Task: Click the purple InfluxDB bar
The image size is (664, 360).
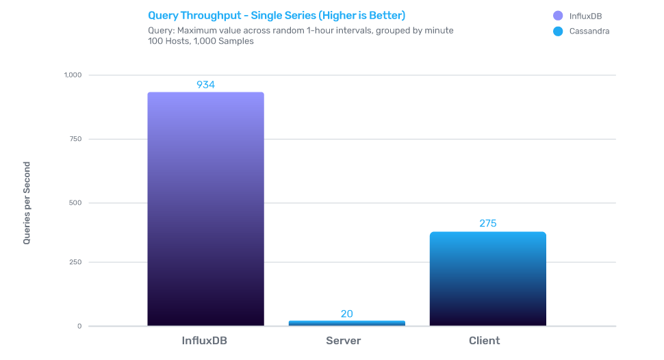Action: click(x=205, y=209)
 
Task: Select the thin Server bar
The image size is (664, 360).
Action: click(x=346, y=323)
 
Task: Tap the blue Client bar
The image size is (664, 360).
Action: click(x=487, y=279)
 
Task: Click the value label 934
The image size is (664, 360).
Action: click(x=205, y=85)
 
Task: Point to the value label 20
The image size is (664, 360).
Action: click(x=346, y=314)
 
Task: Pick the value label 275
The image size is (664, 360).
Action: click(x=487, y=224)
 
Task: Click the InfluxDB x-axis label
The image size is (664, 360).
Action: click(x=205, y=341)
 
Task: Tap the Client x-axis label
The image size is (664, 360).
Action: click(x=484, y=341)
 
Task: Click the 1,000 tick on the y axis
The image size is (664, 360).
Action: click(x=72, y=75)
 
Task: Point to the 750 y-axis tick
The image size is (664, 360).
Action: click(x=75, y=139)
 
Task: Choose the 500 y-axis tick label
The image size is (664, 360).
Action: click(x=75, y=203)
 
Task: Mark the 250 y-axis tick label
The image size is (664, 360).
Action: click(x=75, y=263)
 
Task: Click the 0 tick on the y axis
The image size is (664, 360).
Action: click(x=79, y=326)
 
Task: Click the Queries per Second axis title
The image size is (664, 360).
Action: click(x=27, y=203)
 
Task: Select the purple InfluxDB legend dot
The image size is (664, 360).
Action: click(x=558, y=16)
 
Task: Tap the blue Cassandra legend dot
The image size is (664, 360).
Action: click(x=558, y=31)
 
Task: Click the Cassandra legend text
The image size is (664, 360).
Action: click(x=589, y=31)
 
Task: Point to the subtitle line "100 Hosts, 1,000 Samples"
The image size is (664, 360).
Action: click(x=201, y=41)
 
